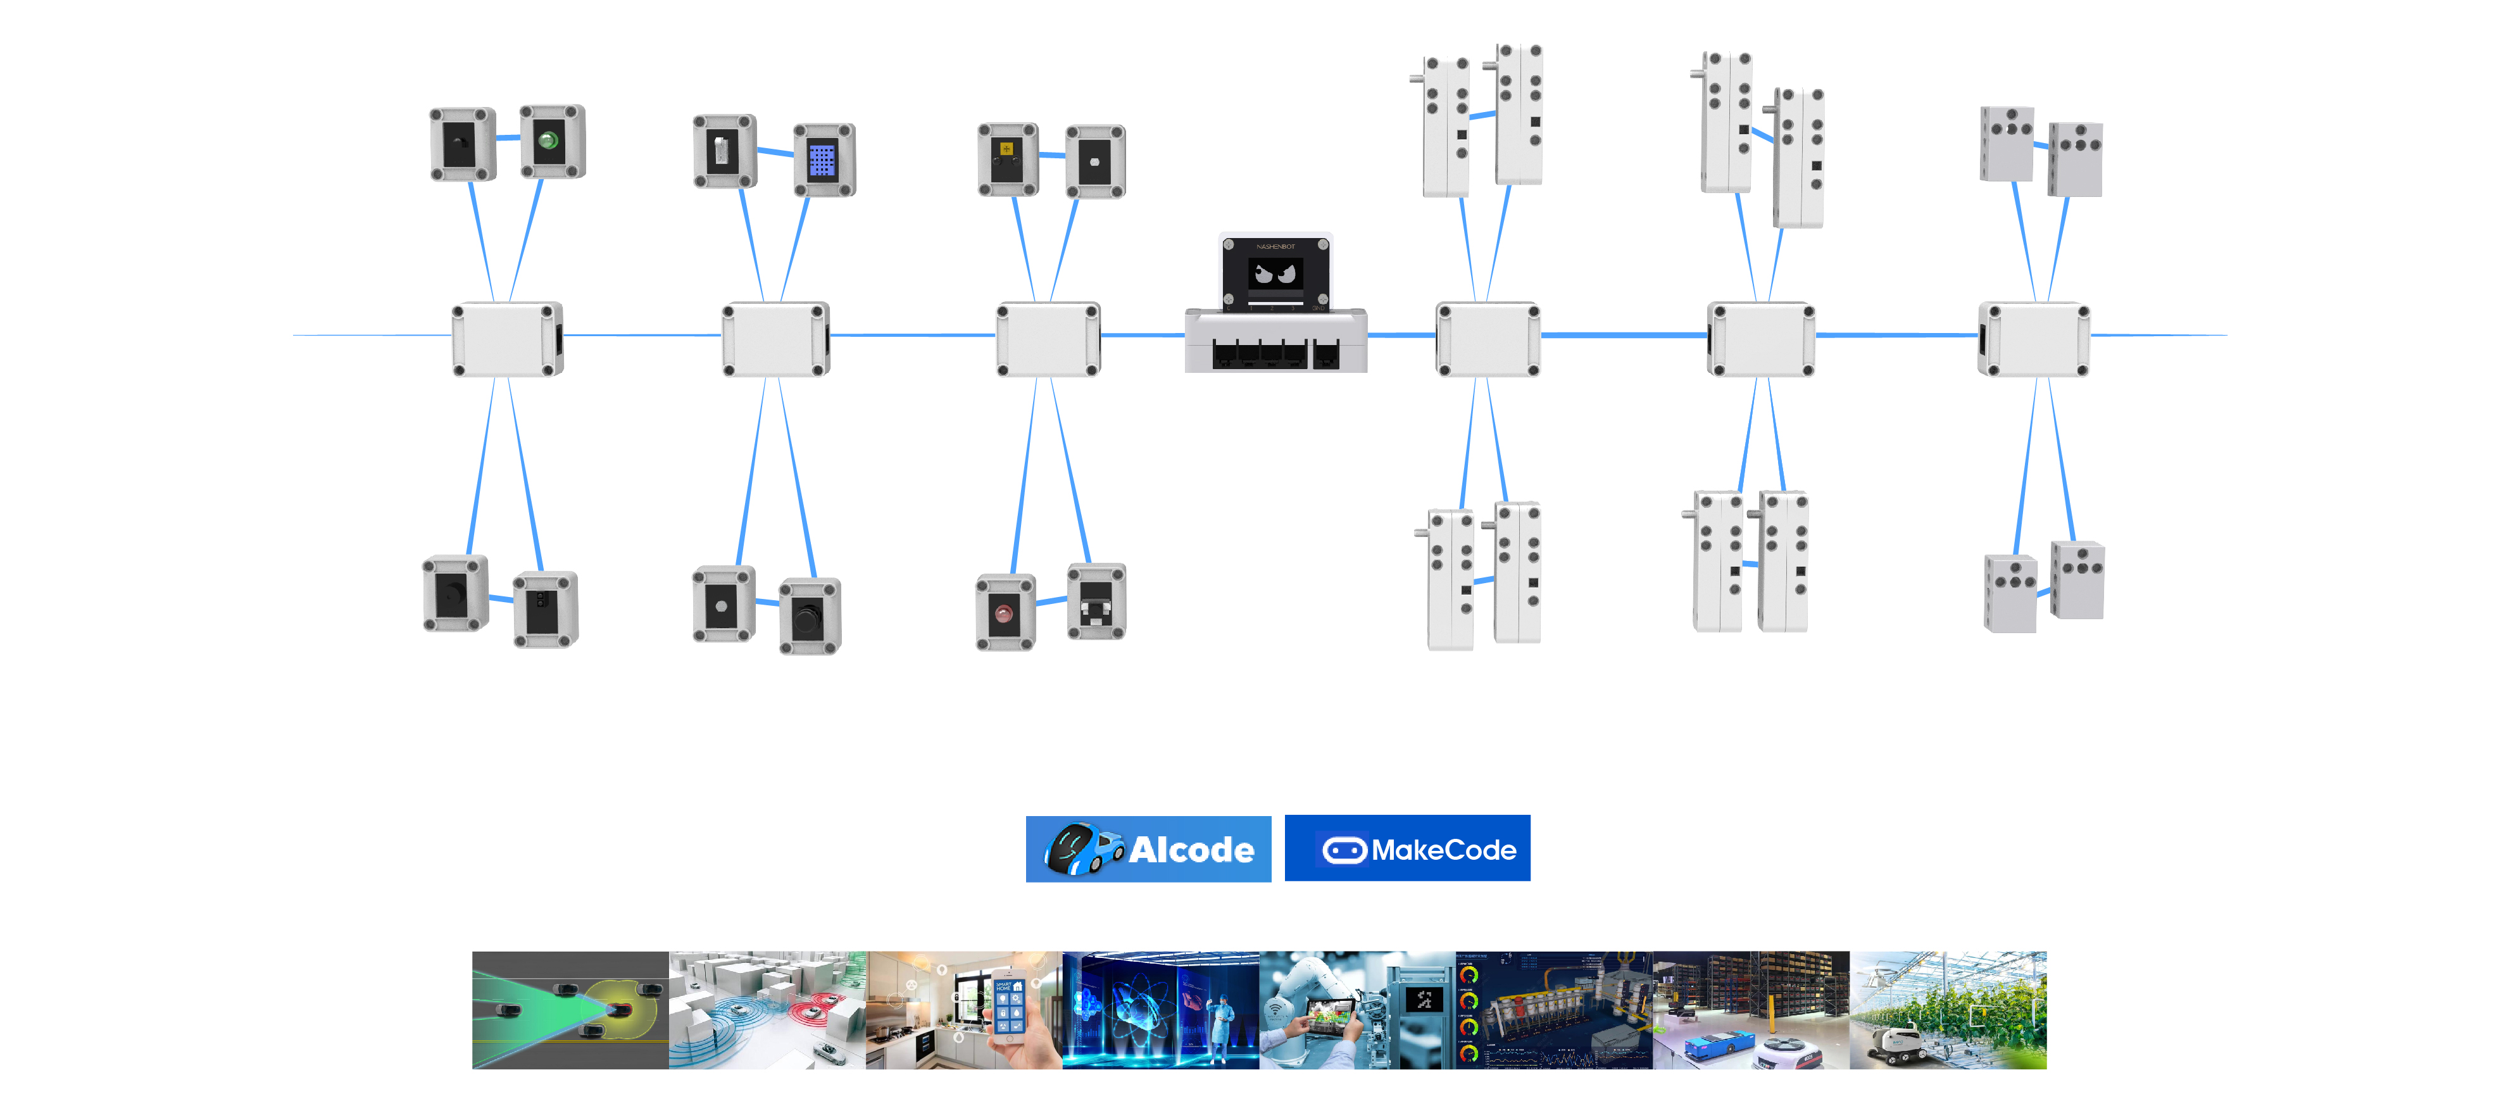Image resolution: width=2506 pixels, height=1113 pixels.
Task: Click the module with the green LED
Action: coord(551,142)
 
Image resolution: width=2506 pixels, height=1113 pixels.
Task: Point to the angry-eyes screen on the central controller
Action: coord(1275,274)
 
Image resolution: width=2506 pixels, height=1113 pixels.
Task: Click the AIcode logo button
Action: coord(1148,850)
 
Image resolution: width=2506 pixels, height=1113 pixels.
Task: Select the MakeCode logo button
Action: coord(1406,850)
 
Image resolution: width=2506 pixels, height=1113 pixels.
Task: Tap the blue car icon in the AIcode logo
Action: coord(1082,848)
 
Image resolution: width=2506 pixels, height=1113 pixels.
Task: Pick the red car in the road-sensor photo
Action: coord(618,1010)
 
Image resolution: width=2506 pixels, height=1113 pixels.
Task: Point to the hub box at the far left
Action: coord(507,339)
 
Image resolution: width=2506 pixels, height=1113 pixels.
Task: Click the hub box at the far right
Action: coord(2033,339)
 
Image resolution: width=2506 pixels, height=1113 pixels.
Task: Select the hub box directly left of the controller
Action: coord(1048,339)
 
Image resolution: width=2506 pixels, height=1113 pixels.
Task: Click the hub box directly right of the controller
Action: coord(1488,339)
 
